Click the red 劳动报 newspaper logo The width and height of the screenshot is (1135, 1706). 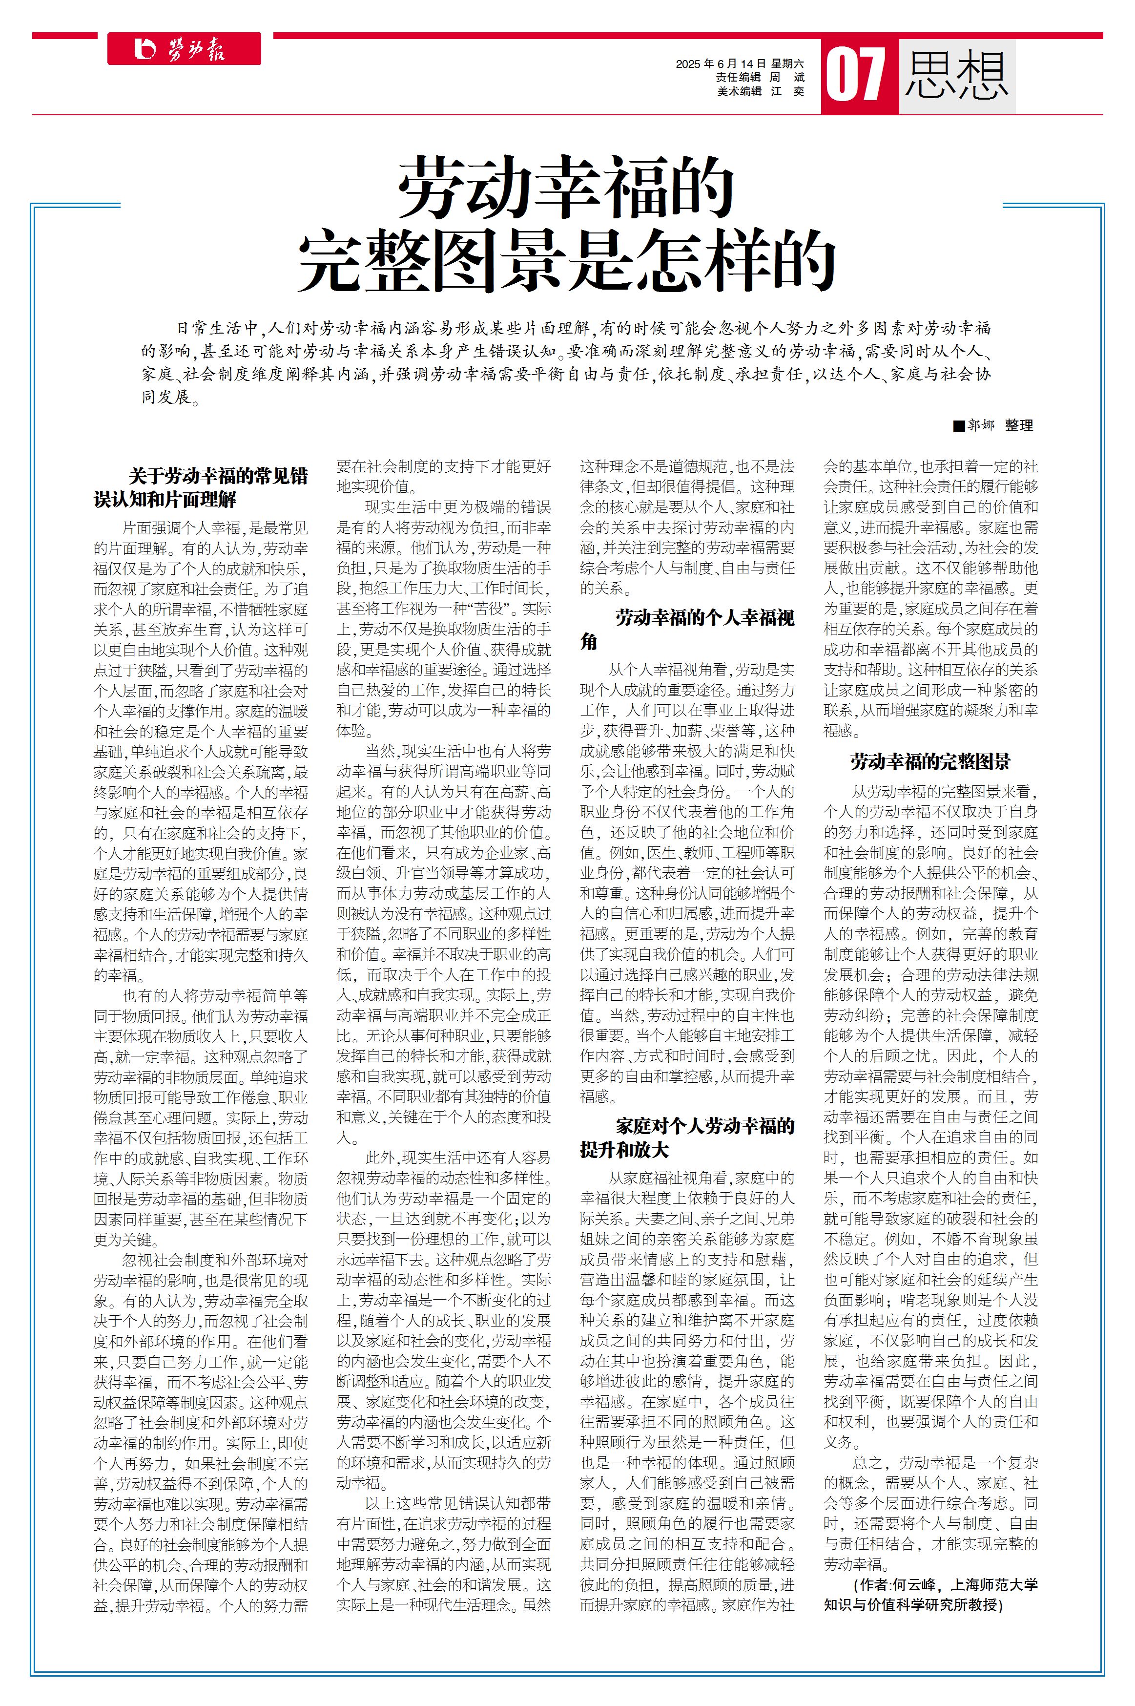tap(184, 49)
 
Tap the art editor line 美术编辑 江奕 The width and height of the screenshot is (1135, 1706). tap(761, 91)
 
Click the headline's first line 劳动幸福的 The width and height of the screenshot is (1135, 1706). tap(566, 188)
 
